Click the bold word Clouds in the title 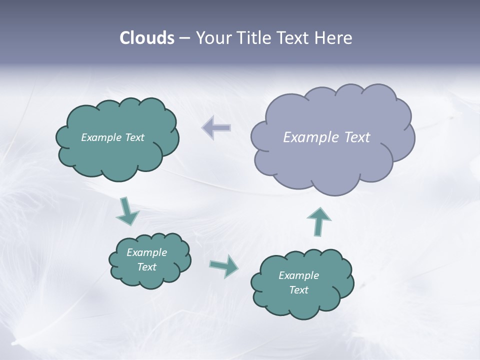coord(147,38)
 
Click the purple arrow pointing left coord(216,127)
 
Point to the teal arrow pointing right coord(224,265)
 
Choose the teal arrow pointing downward coord(126,211)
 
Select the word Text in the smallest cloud coord(147,267)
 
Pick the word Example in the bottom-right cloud coord(298,275)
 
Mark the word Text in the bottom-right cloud coord(298,290)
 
